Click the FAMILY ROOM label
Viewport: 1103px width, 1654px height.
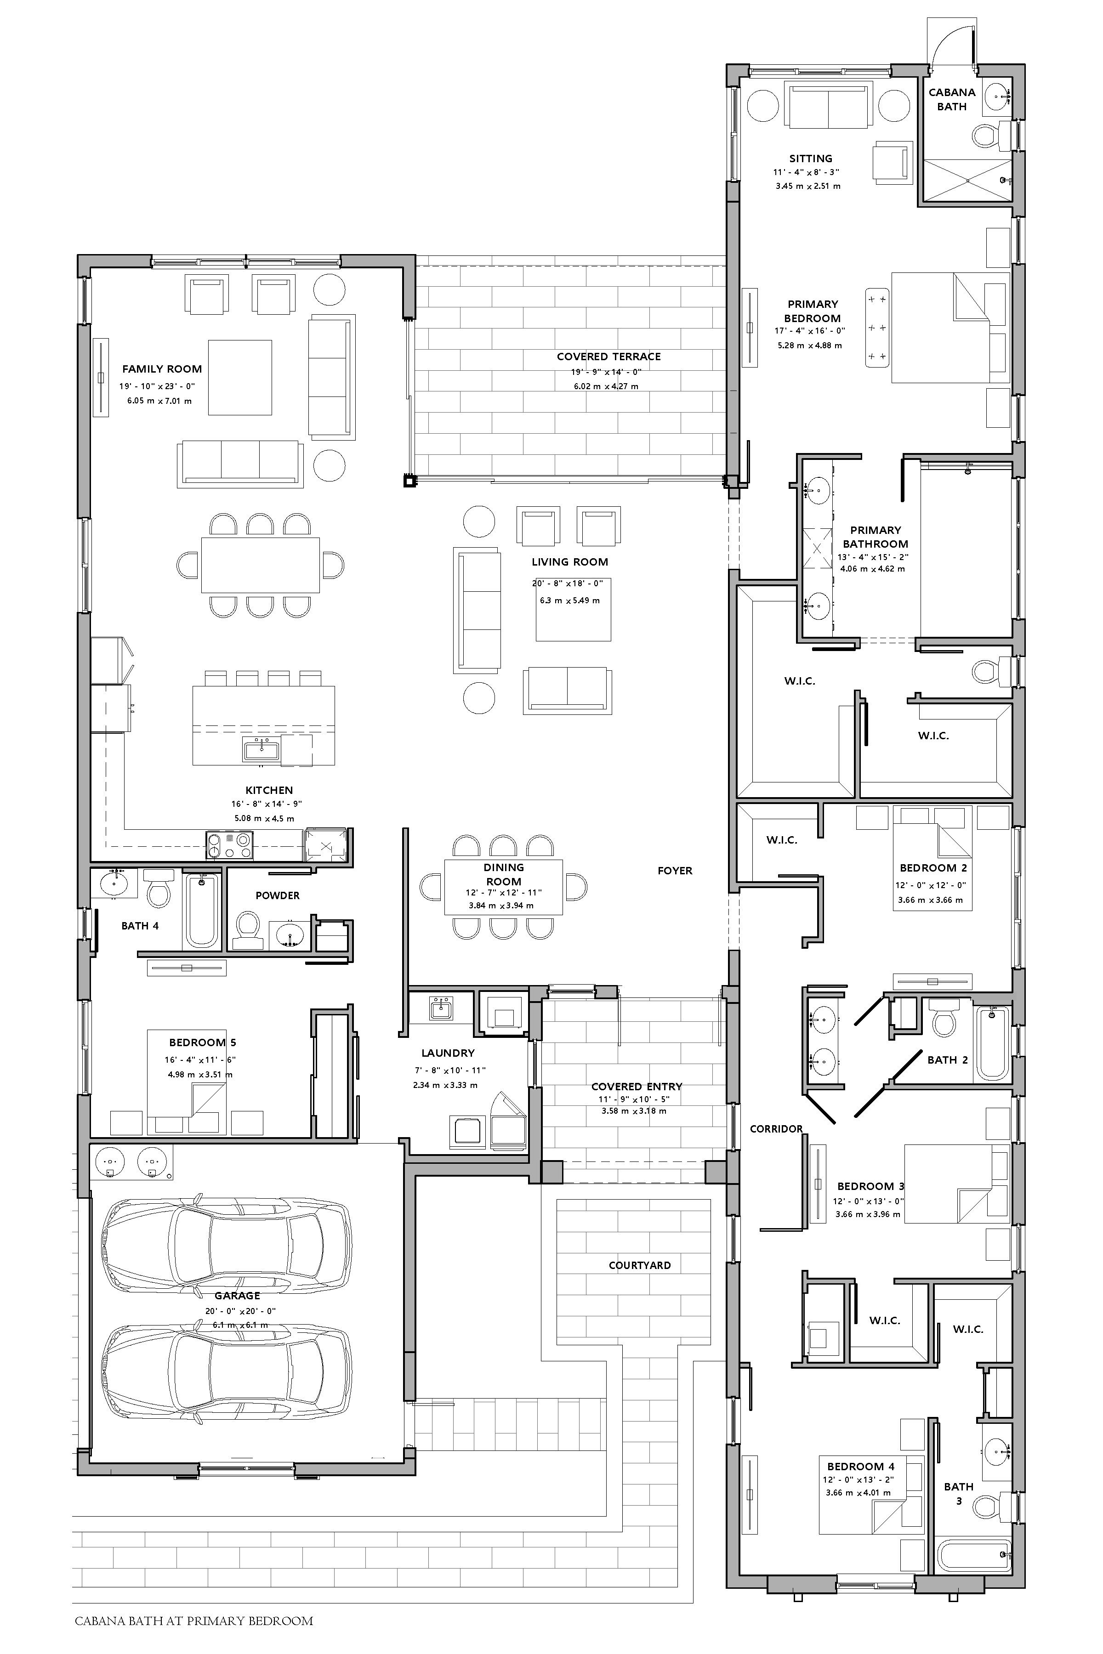click(x=162, y=368)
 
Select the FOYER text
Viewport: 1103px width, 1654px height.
click(x=675, y=871)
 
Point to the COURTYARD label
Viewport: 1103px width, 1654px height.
click(x=639, y=1265)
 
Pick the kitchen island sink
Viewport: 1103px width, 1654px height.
click(x=261, y=750)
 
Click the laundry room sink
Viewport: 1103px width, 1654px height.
click(x=442, y=1008)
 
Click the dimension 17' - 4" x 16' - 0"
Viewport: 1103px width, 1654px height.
click(x=810, y=330)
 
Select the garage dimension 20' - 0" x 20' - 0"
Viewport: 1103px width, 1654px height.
click(x=240, y=1311)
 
